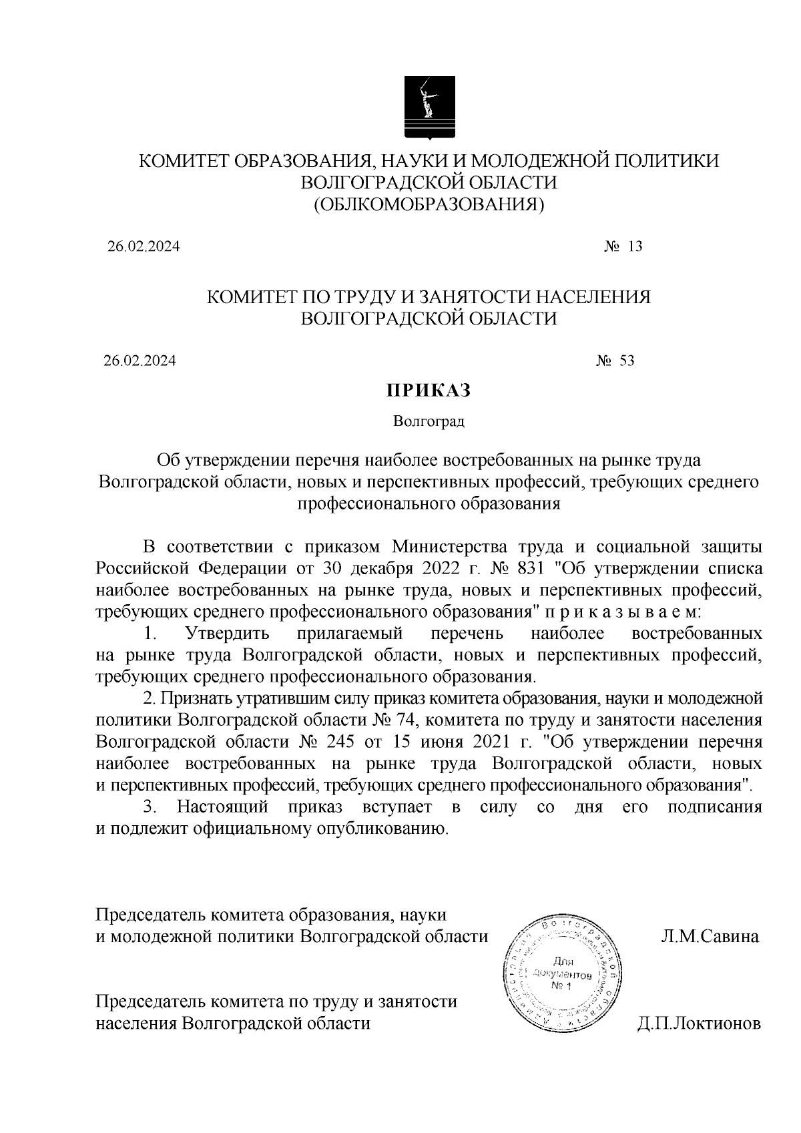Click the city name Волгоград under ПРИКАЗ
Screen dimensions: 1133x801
tap(429, 421)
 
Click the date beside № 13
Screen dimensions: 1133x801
tap(144, 246)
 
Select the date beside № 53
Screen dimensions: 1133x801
tap(140, 361)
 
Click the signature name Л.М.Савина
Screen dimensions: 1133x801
tap(709, 936)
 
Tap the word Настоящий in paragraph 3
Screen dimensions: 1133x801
tap(222, 807)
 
